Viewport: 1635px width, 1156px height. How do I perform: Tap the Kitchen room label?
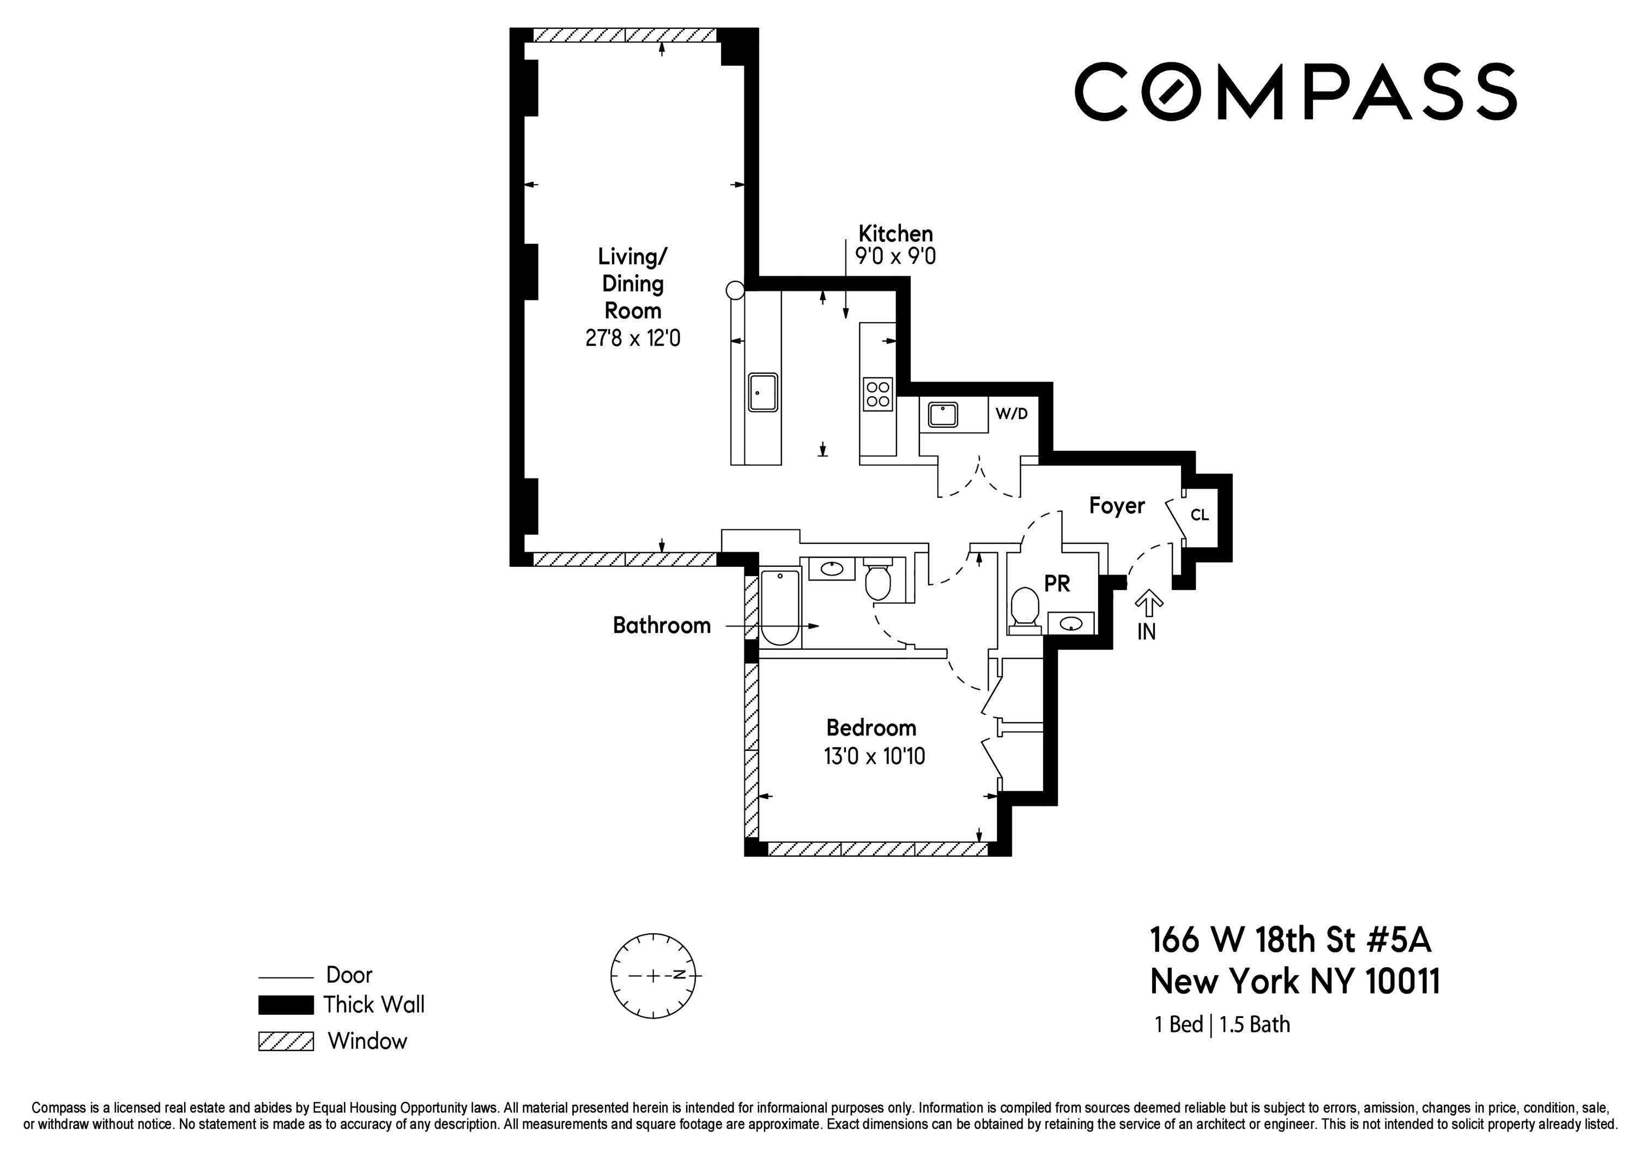[895, 234]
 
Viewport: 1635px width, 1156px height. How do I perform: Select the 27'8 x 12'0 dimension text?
[632, 337]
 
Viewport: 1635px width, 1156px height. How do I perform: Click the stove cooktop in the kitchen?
[877, 394]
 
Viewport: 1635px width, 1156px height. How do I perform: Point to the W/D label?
[1011, 414]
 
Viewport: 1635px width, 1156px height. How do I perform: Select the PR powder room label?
[1057, 584]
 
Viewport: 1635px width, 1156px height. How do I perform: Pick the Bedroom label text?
[871, 728]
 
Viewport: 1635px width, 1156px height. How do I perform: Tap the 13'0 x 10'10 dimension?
[874, 756]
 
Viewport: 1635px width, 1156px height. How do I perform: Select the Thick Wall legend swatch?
[286, 1005]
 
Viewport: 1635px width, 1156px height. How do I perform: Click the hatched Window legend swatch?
[286, 1042]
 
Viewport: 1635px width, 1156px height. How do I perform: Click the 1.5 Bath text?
[1255, 1024]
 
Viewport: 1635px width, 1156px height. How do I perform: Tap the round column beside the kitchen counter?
[735, 290]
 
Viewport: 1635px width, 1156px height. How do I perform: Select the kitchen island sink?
[762, 392]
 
